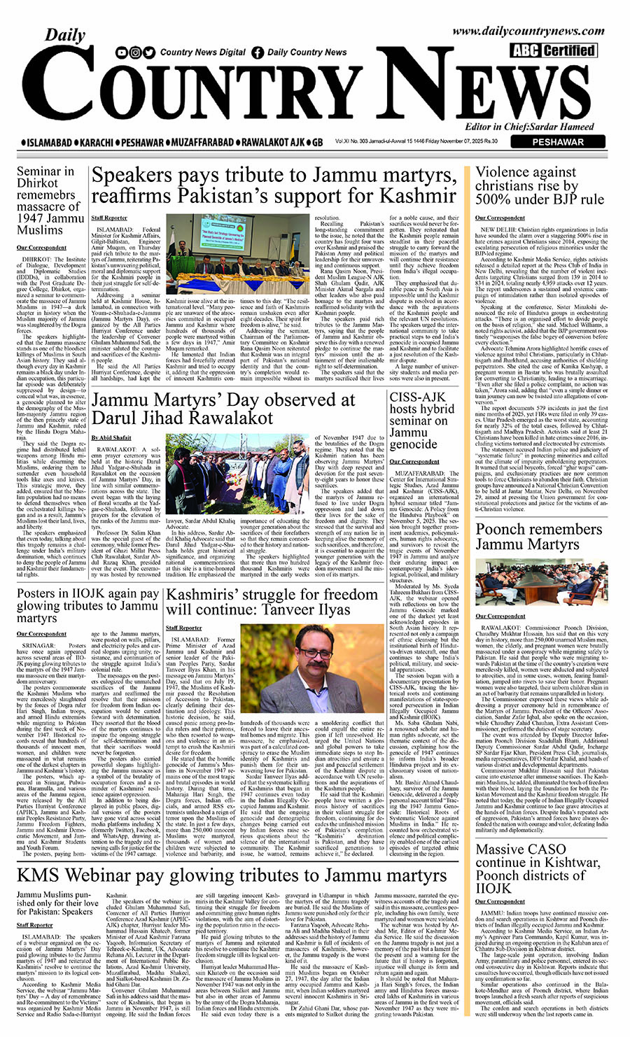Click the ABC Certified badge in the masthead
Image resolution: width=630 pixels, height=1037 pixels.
pyautogui.click(x=553, y=50)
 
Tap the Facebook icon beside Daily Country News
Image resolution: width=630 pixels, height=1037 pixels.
pyautogui.click(x=258, y=52)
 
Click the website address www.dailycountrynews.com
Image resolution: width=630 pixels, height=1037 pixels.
pyautogui.click(x=528, y=31)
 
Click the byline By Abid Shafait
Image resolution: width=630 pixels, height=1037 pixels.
pyautogui.click(x=111, y=437)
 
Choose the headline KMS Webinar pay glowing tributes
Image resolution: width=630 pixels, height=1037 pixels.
pyautogui.click(x=232, y=875)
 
